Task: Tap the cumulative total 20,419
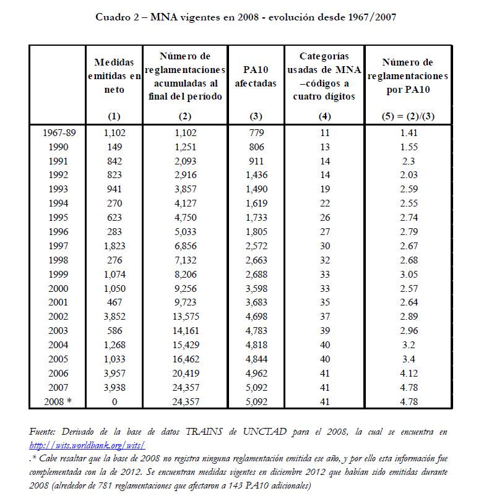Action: click(x=186, y=373)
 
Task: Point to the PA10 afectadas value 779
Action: click(x=256, y=132)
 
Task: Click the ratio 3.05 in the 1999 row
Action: click(x=409, y=274)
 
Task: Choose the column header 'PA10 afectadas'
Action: click(x=256, y=77)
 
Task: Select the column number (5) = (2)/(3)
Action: click(x=409, y=116)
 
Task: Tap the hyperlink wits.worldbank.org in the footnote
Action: click(x=87, y=444)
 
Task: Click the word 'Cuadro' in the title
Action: click(x=113, y=17)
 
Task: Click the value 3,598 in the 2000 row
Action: click(x=256, y=288)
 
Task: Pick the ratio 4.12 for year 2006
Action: click(x=409, y=373)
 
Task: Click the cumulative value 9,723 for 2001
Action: click(x=186, y=302)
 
